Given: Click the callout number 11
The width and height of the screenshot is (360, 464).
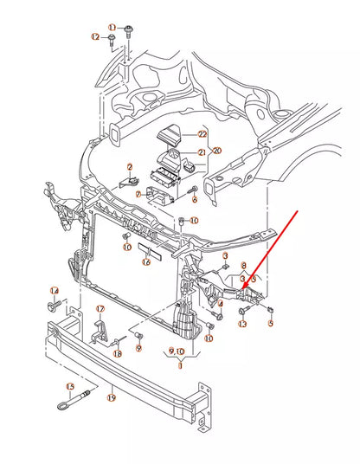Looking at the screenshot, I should click(x=112, y=28).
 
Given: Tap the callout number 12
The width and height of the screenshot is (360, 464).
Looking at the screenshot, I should click(x=96, y=37).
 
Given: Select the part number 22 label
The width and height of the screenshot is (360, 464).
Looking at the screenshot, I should click(x=202, y=134).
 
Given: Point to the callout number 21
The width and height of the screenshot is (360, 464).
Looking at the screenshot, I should click(x=202, y=152).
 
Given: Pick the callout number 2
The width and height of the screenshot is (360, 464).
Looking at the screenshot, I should click(x=130, y=167).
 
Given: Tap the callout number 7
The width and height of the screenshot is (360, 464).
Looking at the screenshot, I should click(x=138, y=195).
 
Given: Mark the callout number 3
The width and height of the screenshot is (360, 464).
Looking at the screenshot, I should click(x=225, y=256).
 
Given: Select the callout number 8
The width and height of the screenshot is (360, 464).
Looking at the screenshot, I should click(x=244, y=266).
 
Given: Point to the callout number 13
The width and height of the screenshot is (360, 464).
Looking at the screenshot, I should click(x=242, y=324).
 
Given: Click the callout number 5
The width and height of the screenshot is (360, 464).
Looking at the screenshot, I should click(x=270, y=324).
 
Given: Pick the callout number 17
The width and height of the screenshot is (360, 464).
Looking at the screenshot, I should click(x=100, y=309).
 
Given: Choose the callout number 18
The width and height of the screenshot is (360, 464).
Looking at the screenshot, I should click(x=117, y=353).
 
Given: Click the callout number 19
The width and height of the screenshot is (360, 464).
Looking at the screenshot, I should click(x=112, y=398).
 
